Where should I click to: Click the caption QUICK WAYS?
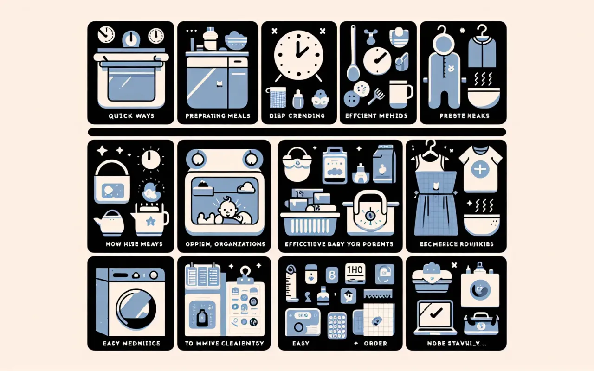pyautogui.click(x=130, y=116)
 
